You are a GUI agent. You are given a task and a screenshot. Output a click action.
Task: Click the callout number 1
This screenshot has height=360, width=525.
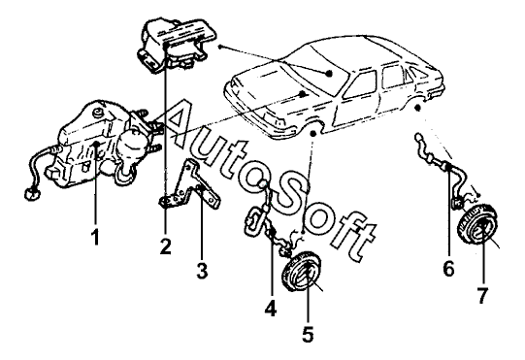pyautogui.click(x=96, y=237)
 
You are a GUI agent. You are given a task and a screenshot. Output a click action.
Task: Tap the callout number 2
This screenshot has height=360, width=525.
pyautogui.click(x=165, y=246)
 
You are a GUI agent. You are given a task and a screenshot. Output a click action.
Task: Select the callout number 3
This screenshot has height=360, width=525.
pyautogui.click(x=202, y=271)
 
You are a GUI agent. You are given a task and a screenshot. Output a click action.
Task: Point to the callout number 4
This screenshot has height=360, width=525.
pyautogui.click(x=271, y=308)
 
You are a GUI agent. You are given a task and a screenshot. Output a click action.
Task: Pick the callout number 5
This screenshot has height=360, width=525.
pyautogui.click(x=308, y=334)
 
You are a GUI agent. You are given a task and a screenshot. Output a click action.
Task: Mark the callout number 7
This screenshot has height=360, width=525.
pyautogui.click(x=482, y=295)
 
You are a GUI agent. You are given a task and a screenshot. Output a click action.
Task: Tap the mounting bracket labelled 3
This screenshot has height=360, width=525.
pyautogui.click(x=189, y=187)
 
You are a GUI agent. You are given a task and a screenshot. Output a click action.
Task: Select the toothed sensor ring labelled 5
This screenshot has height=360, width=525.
pyautogui.click(x=302, y=272)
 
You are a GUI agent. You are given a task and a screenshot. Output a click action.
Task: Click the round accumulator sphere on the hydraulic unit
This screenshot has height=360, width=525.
pyautogui.click(x=133, y=144)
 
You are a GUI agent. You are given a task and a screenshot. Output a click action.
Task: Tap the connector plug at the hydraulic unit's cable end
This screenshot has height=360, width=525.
pyautogui.click(x=31, y=194)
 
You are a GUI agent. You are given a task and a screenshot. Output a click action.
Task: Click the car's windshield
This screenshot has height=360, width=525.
pyautogui.click(x=318, y=70)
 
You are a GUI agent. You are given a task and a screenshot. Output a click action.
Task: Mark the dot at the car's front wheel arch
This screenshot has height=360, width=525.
pyautogui.click(x=313, y=133)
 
